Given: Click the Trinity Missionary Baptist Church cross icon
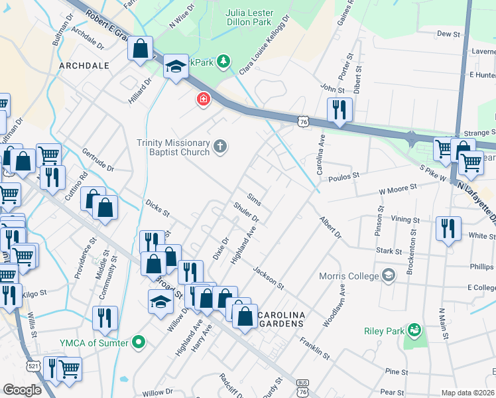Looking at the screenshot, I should click(220, 146).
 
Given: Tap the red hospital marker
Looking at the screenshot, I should click(203, 99).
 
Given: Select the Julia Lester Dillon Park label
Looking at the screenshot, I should click(258, 17).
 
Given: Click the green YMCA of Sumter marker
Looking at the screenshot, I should click(139, 342).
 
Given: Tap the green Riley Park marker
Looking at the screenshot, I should click(414, 330).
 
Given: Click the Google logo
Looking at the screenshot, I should click(22, 390).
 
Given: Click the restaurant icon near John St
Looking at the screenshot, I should click(339, 109).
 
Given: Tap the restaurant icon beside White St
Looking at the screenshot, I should click(448, 229).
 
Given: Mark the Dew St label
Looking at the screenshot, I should click(448, 33).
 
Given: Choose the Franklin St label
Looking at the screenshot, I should click(314, 346).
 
